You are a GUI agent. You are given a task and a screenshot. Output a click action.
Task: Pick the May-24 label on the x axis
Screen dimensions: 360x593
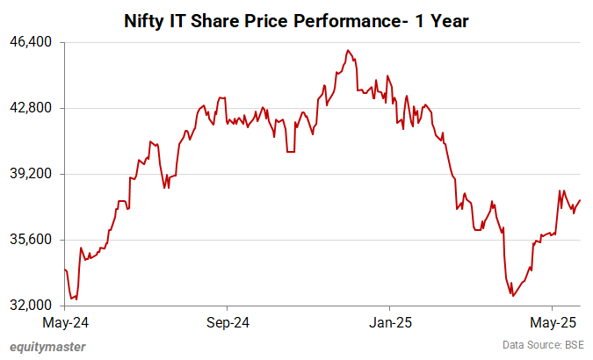click(x=65, y=321)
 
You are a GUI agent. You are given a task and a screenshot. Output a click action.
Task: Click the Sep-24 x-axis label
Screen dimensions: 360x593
click(x=227, y=321)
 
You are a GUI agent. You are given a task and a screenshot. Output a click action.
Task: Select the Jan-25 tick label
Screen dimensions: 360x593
click(x=390, y=321)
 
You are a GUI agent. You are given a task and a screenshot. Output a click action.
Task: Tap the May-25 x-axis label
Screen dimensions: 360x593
click(x=552, y=321)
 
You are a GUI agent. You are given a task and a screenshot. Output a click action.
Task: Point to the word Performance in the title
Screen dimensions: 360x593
click(x=344, y=19)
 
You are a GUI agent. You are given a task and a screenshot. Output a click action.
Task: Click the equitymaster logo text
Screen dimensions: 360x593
click(x=47, y=347)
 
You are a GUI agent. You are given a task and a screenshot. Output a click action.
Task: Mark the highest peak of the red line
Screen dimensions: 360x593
click(x=348, y=50)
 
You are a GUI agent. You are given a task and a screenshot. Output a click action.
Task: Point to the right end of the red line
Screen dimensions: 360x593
click(x=581, y=200)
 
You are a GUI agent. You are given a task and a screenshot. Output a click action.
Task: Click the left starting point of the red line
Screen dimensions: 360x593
click(x=65, y=270)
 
